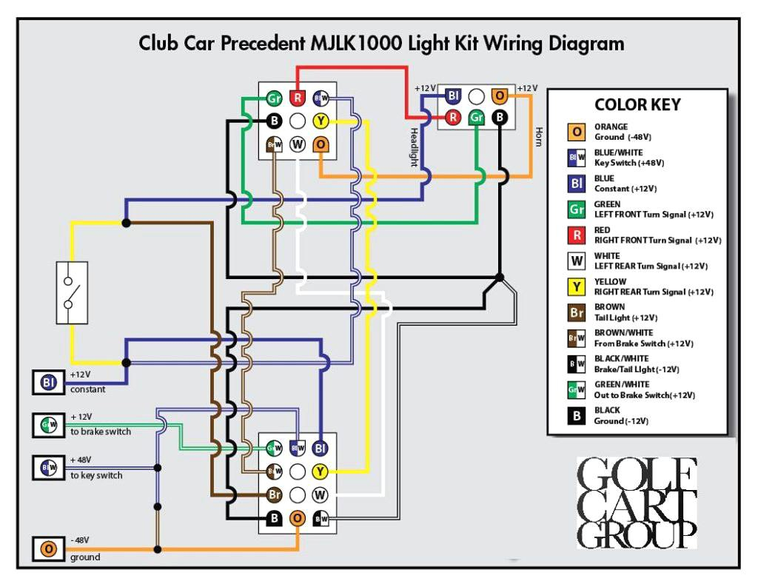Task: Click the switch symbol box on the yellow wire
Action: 72,292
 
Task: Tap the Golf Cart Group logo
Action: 637,503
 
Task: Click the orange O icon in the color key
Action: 577,132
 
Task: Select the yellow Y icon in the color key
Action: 577,286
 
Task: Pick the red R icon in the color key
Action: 577,235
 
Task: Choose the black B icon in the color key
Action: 577,415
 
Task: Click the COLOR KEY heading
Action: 637,104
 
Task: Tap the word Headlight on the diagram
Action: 414,147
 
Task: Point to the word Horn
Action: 538,136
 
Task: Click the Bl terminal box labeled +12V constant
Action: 49,383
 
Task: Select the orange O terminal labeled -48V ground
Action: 49,549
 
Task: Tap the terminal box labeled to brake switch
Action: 49,425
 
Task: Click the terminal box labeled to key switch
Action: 49,468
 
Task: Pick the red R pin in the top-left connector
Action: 298,98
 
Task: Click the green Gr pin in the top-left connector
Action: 274,98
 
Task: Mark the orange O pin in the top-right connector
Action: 500,95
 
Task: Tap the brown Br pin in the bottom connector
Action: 274,494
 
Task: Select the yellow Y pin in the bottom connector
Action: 321,471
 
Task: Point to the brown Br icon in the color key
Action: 577,312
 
